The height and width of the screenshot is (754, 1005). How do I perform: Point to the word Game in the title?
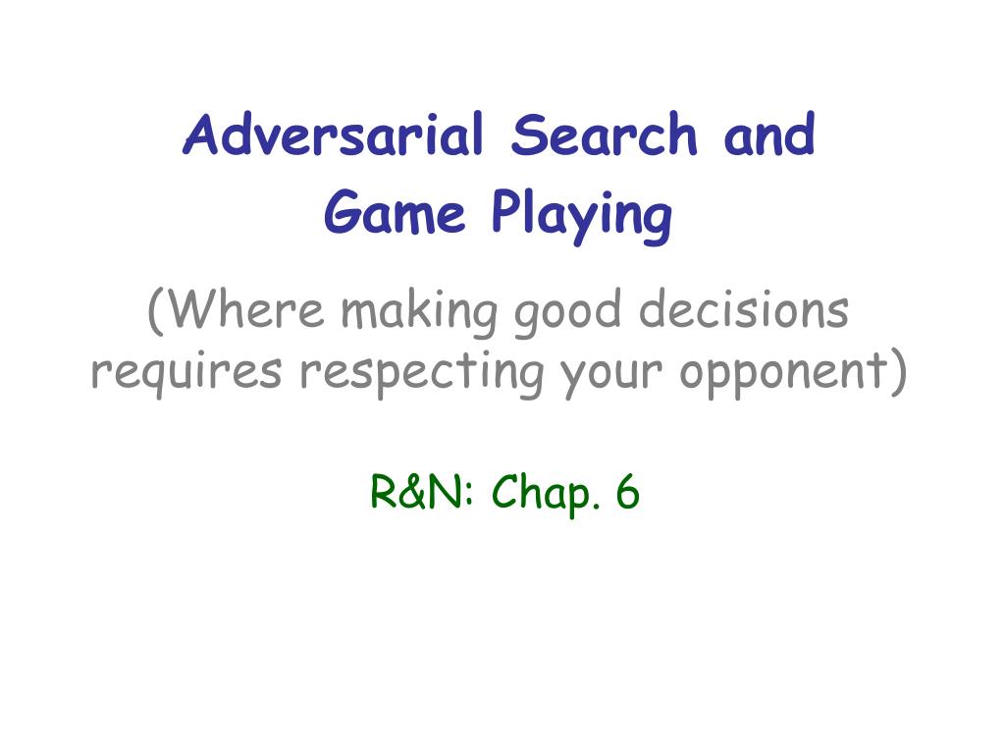click(395, 212)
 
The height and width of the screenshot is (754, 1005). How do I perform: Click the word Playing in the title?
click(582, 215)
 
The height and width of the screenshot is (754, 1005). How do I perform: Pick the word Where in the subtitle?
click(247, 309)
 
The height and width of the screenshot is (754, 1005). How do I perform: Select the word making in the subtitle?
click(419, 312)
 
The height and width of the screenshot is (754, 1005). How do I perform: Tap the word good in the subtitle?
click(568, 312)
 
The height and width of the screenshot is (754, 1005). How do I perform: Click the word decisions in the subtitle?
click(744, 309)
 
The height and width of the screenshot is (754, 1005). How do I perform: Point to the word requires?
click(186, 372)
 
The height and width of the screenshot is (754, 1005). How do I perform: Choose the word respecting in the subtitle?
click(422, 372)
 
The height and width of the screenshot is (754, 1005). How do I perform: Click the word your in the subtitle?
click(611, 374)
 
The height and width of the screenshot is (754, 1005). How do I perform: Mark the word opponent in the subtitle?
click(783, 374)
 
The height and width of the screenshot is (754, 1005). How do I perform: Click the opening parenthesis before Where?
click(156, 310)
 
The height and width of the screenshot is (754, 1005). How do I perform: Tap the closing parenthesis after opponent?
click(898, 371)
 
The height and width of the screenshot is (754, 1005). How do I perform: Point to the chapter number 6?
click(627, 492)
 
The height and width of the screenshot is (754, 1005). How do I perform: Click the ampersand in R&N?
click(416, 492)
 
